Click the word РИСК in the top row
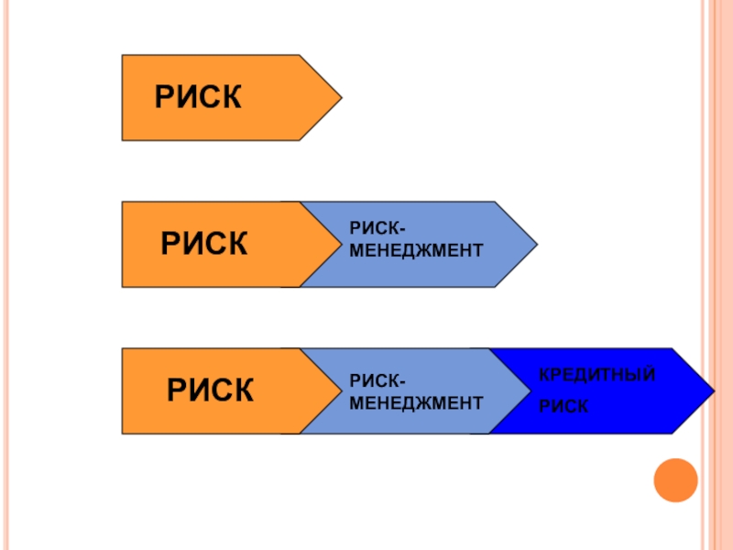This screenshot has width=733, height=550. pos(198,98)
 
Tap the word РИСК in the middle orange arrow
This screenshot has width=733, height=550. pos(204,245)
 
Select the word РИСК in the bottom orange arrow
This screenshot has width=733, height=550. pos(210,391)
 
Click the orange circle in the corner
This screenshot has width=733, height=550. pos(676,479)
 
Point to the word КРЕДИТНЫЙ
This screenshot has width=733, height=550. pos(596,375)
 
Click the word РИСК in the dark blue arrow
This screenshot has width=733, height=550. pos(563,405)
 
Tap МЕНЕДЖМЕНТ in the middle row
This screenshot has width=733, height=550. pos(416,250)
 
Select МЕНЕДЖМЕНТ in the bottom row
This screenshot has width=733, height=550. pos(416,402)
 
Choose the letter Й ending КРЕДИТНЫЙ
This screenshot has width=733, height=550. pos(649,375)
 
